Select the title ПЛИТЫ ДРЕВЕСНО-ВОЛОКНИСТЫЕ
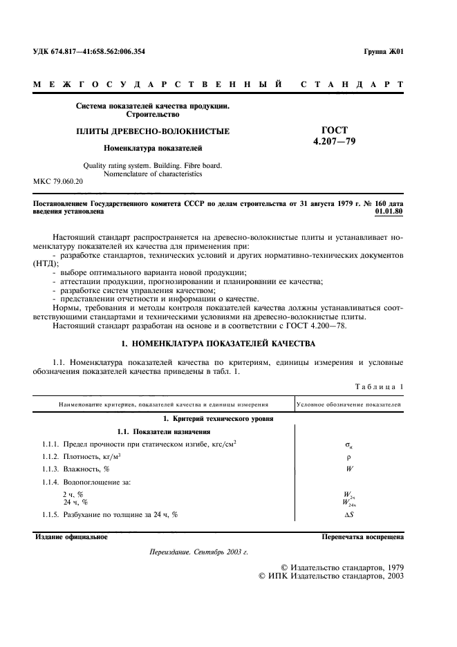pos(153,131)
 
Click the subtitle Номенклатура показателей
pos(153,147)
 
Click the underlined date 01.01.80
pos(389,212)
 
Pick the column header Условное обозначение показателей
pos(348,404)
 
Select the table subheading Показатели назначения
pos(153,431)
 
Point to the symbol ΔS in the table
pos(348,516)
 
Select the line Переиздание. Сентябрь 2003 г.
pos(198,553)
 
